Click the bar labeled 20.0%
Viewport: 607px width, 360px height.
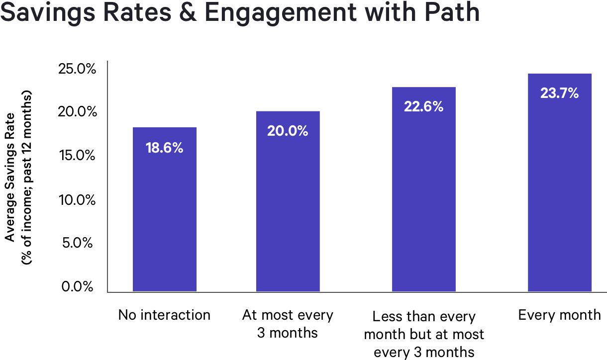coord(288,209)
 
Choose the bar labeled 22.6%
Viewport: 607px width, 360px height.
coord(423,199)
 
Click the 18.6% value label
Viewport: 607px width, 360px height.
coord(165,148)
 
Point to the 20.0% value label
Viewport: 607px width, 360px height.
coord(288,131)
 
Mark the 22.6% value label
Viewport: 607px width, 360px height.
coord(423,107)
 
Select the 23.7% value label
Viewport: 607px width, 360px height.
coord(560,93)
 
